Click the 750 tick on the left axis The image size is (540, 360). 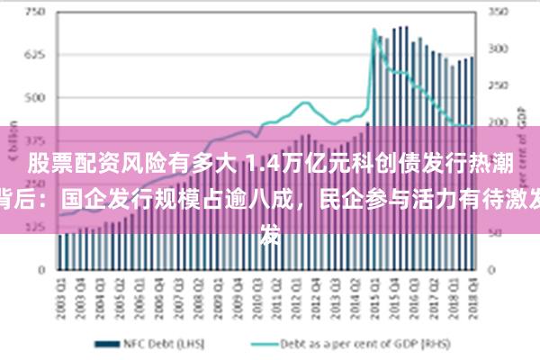(33, 13)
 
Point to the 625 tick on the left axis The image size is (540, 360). (33, 55)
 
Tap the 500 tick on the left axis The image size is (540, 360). (33, 97)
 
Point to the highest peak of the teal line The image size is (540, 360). (374, 30)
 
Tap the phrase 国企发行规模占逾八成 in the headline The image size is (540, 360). (185, 199)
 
